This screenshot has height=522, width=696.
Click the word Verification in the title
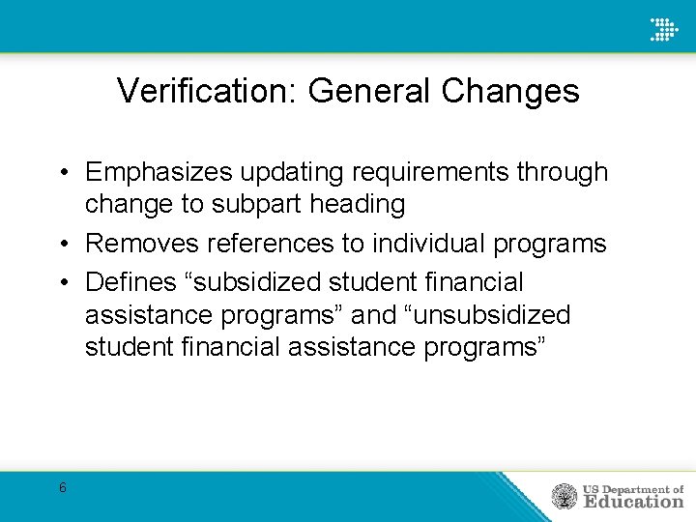click(208, 91)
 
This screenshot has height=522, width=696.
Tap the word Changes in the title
click(510, 91)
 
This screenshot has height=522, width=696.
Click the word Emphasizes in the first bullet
click(159, 172)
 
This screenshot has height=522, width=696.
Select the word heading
click(356, 205)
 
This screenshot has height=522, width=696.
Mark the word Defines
click(131, 282)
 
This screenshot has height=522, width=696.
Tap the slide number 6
click(63, 487)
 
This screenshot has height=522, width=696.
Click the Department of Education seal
click(564, 496)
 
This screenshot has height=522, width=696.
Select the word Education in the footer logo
click(632, 502)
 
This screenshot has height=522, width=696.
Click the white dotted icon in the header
click(664, 28)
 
